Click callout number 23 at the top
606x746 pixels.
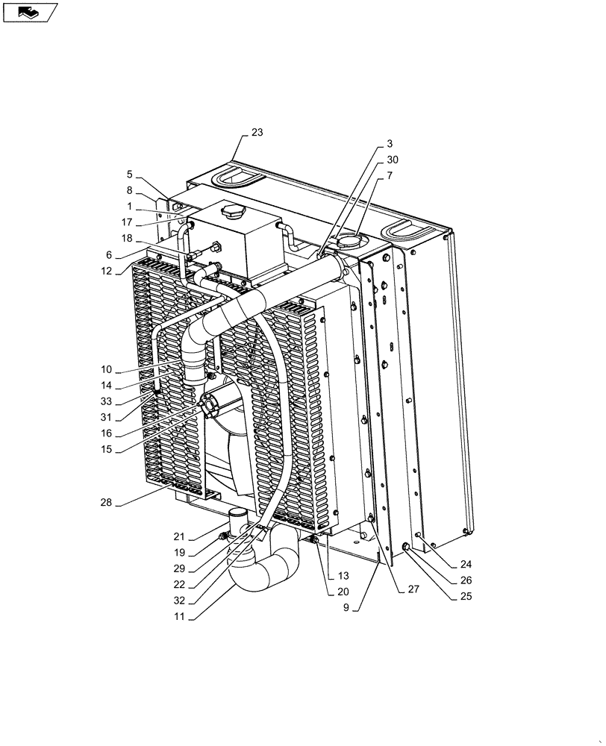(x=257, y=133)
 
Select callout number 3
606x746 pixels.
(x=390, y=143)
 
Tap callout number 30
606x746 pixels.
(x=392, y=160)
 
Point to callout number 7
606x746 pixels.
(x=390, y=175)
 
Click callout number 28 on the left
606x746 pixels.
(x=105, y=503)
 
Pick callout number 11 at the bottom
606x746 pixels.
(x=179, y=617)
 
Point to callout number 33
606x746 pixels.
(x=107, y=401)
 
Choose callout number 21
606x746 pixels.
(x=179, y=537)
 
